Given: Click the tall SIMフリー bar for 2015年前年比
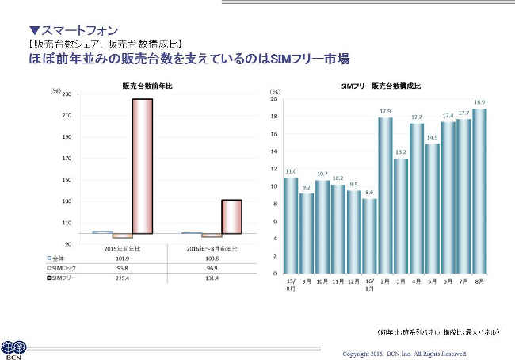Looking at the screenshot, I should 143,167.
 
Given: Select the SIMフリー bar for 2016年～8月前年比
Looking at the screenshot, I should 231,217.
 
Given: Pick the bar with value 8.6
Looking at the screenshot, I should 369,236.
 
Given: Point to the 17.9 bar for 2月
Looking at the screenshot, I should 385,195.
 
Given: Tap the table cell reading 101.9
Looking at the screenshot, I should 123,259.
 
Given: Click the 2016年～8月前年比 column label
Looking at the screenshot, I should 212,249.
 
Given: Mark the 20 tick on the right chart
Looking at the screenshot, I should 273,99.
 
